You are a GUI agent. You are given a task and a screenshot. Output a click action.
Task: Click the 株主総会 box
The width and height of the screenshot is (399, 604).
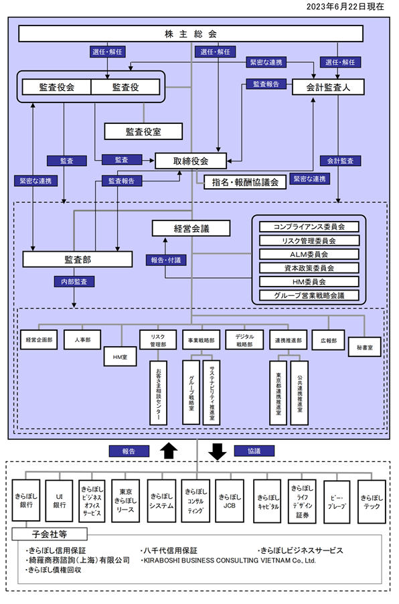pos(191,34)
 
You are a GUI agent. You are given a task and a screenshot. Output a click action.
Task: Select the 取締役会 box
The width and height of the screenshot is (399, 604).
pos(191,161)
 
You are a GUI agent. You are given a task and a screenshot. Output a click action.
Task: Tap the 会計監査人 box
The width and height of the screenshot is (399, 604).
pos(328,87)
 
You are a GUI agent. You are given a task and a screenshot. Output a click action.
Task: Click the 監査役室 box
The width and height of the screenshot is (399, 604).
pos(143,132)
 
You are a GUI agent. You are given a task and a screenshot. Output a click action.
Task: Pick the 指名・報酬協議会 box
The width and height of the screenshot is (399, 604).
pos(245,182)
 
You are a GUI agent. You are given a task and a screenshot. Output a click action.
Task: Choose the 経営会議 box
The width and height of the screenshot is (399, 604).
pos(191,228)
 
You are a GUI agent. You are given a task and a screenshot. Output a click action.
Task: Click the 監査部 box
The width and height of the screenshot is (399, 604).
pos(78,259)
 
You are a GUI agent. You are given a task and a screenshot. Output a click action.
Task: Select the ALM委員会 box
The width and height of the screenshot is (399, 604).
pos(309,254)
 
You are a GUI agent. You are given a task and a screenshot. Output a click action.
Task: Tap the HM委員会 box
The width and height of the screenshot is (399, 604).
pos(309,282)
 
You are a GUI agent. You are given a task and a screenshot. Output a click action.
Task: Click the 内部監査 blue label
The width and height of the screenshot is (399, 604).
pos(74,282)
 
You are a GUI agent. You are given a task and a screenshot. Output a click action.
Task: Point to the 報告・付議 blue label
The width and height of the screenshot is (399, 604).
pos(166,260)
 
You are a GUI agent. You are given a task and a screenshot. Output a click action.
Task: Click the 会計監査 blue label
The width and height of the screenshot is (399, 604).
pos(340,161)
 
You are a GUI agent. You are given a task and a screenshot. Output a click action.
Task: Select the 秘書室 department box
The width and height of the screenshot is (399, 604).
pos(364,347)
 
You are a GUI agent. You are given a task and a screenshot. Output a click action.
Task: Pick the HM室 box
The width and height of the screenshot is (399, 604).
pos(120,357)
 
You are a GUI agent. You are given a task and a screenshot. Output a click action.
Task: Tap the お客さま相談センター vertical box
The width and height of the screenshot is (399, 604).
pos(158,392)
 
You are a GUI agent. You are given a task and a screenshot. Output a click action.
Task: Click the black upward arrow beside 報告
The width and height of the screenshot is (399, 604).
pos(168,451)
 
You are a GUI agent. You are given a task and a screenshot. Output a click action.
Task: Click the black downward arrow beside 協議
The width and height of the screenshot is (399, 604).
pos(217,451)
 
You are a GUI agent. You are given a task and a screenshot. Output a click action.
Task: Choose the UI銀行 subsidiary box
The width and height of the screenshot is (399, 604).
pos(59,501)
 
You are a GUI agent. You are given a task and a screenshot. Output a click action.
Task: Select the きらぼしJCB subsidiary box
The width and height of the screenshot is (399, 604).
pos(229,501)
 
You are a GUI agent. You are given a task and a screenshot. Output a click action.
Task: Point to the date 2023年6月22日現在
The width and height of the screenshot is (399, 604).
pos(345,7)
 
